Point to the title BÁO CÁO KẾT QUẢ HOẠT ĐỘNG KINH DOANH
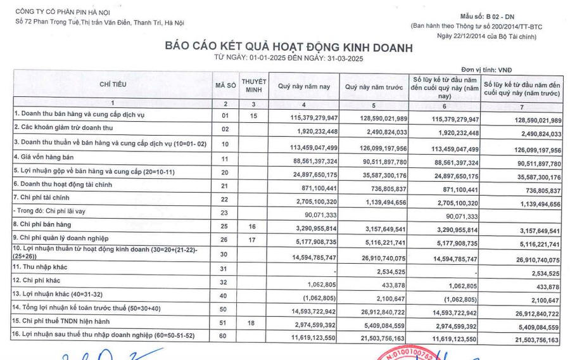click(288, 48)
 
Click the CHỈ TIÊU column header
click(113, 84)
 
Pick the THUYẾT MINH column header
click(255, 85)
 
